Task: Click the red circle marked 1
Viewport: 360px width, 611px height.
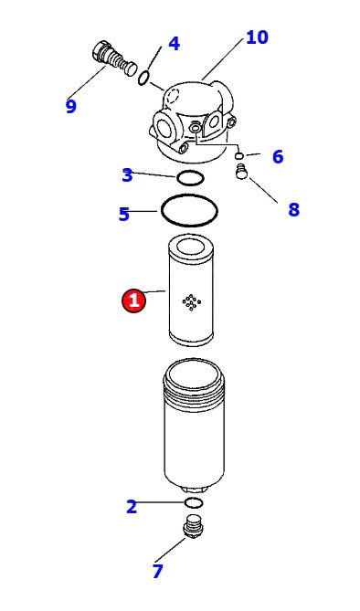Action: click(133, 300)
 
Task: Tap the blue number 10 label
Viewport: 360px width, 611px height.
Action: click(257, 37)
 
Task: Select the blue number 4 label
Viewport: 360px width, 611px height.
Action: click(174, 44)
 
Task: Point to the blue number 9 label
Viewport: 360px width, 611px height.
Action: click(71, 106)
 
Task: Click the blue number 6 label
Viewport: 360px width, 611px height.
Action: click(278, 157)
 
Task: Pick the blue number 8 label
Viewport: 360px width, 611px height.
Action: click(293, 210)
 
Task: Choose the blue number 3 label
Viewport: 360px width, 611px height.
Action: click(128, 175)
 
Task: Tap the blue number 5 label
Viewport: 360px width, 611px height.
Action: click(124, 215)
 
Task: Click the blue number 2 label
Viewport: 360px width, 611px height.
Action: click(132, 507)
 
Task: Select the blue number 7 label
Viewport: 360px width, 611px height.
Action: click(157, 571)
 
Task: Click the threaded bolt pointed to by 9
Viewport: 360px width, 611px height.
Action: click(114, 59)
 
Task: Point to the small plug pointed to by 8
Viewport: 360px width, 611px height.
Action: click(242, 172)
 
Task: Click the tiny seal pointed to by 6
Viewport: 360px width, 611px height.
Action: click(239, 156)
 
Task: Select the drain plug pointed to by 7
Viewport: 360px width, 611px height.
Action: click(193, 527)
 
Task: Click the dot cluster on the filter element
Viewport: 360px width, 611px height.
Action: click(192, 302)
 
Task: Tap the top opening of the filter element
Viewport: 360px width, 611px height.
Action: click(190, 246)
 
